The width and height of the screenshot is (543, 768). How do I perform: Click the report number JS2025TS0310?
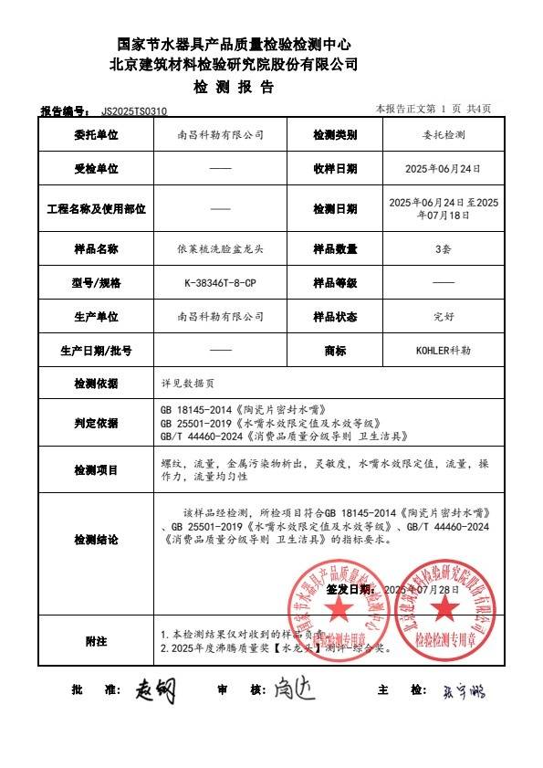click(135, 110)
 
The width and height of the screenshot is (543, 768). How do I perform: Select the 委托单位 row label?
click(96, 134)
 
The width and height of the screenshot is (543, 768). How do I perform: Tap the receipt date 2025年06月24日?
click(443, 169)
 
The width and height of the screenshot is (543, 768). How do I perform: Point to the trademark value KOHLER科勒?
click(443, 350)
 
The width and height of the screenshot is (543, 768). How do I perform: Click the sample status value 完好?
click(443, 317)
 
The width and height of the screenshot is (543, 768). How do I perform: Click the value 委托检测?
click(443, 134)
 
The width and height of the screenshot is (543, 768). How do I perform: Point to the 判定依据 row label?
click(96, 423)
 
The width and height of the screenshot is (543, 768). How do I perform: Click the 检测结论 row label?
click(96, 540)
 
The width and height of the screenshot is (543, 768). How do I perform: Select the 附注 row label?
click(96, 641)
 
